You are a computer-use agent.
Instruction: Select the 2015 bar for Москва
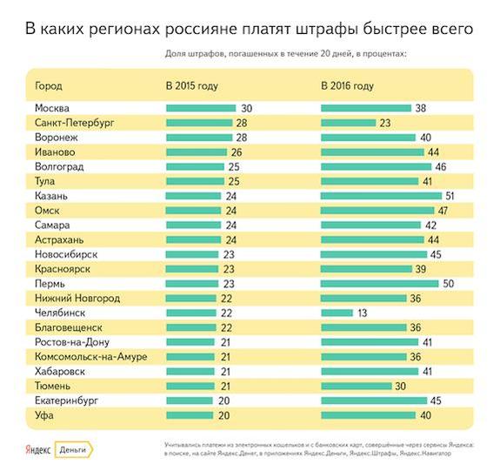click(201, 108)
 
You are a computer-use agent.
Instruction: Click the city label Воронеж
click(58, 138)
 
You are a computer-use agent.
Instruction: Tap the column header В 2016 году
click(348, 86)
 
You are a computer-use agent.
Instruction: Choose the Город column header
click(49, 86)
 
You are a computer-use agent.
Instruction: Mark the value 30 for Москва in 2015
click(246, 108)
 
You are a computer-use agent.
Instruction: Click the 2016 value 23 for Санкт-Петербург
click(384, 123)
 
